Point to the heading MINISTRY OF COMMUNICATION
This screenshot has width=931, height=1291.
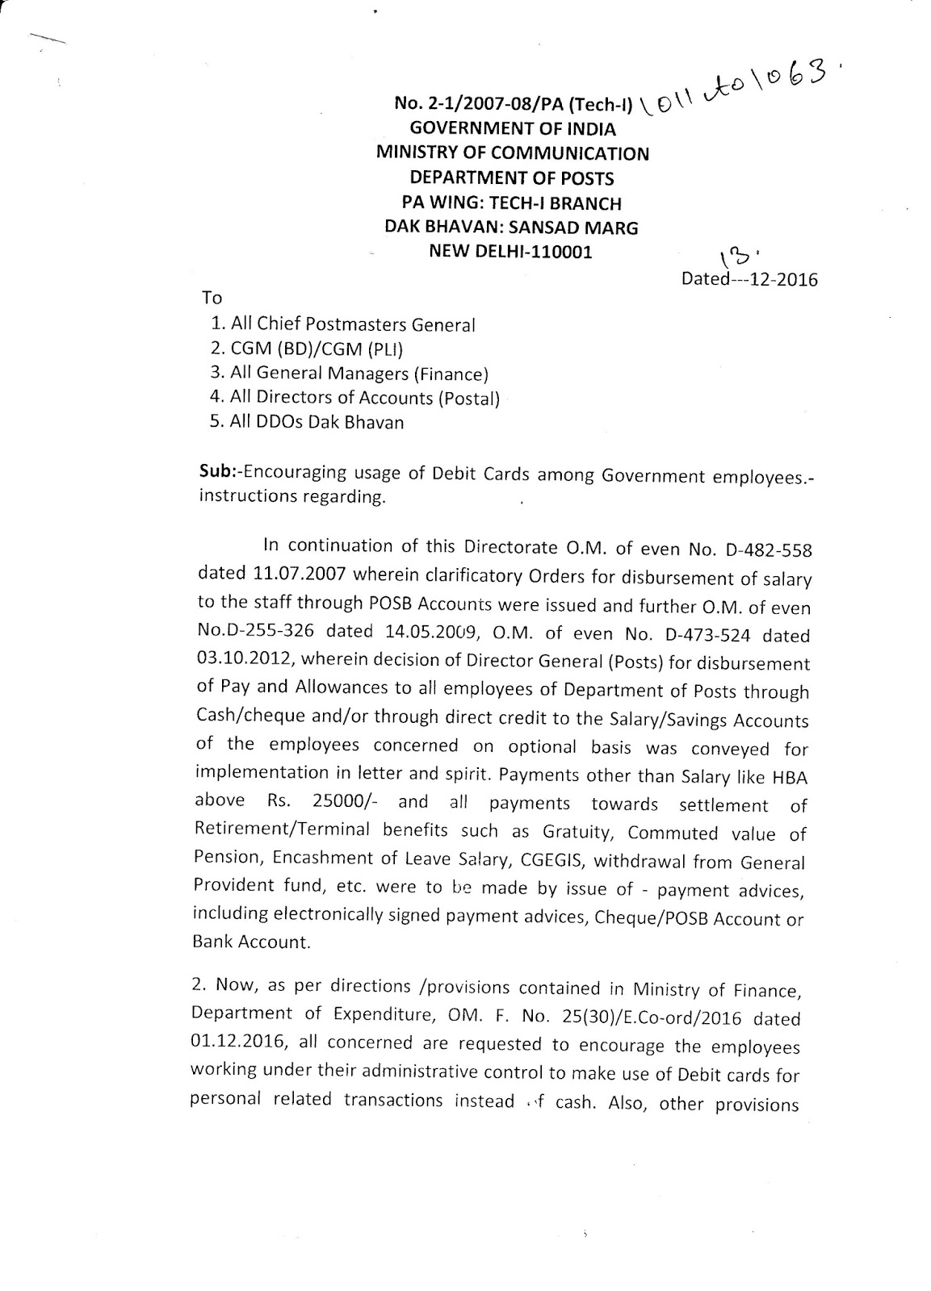pyautogui.click(x=513, y=153)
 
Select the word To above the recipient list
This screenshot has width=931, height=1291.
pyautogui.click(x=212, y=297)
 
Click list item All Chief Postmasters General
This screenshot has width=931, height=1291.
pyautogui.click(x=353, y=324)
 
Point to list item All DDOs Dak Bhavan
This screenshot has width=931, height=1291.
pyautogui.click(x=317, y=422)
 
